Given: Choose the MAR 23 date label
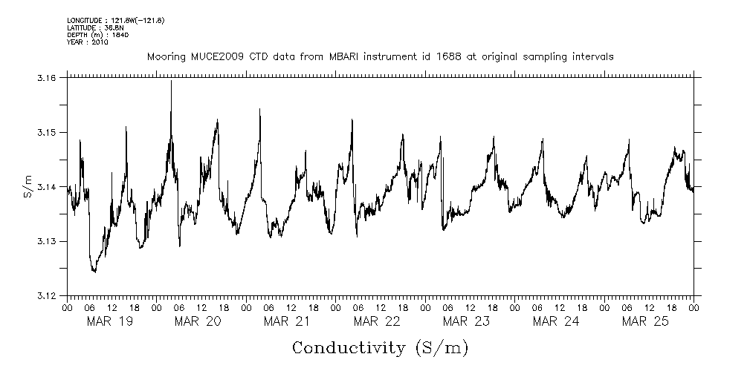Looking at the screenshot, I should pyautogui.click(x=466, y=321).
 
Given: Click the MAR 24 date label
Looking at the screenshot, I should pyautogui.click(x=556, y=321).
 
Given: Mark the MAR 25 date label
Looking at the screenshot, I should pyautogui.click(x=645, y=321).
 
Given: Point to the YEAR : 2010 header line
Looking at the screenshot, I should pyautogui.click(x=87, y=42).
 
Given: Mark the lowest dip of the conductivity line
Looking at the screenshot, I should pyautogui.click(x=94, y=272).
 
